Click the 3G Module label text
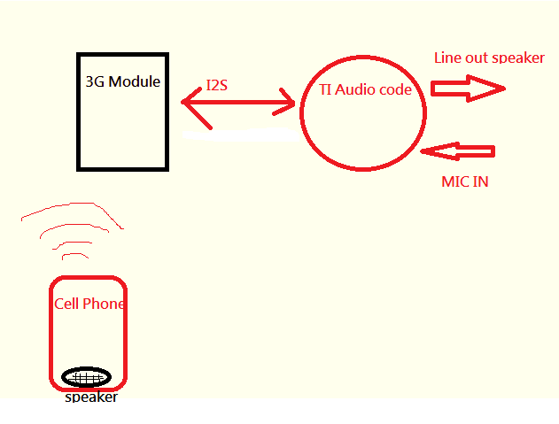pos(122,81)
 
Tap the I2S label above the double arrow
pos(218,86)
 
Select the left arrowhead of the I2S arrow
pos(190,102)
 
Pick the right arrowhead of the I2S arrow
pos(287,102)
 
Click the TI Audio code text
pos(365,90)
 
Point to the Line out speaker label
pos(489,58)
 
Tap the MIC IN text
pos(465,181)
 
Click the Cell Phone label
pos(89,304)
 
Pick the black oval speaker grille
pos(87,377)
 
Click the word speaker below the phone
pos(91,397)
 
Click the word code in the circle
pos(395,90)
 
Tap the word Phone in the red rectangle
pos(104,304)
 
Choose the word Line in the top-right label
pos(447,58)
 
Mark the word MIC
pos(454,181)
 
